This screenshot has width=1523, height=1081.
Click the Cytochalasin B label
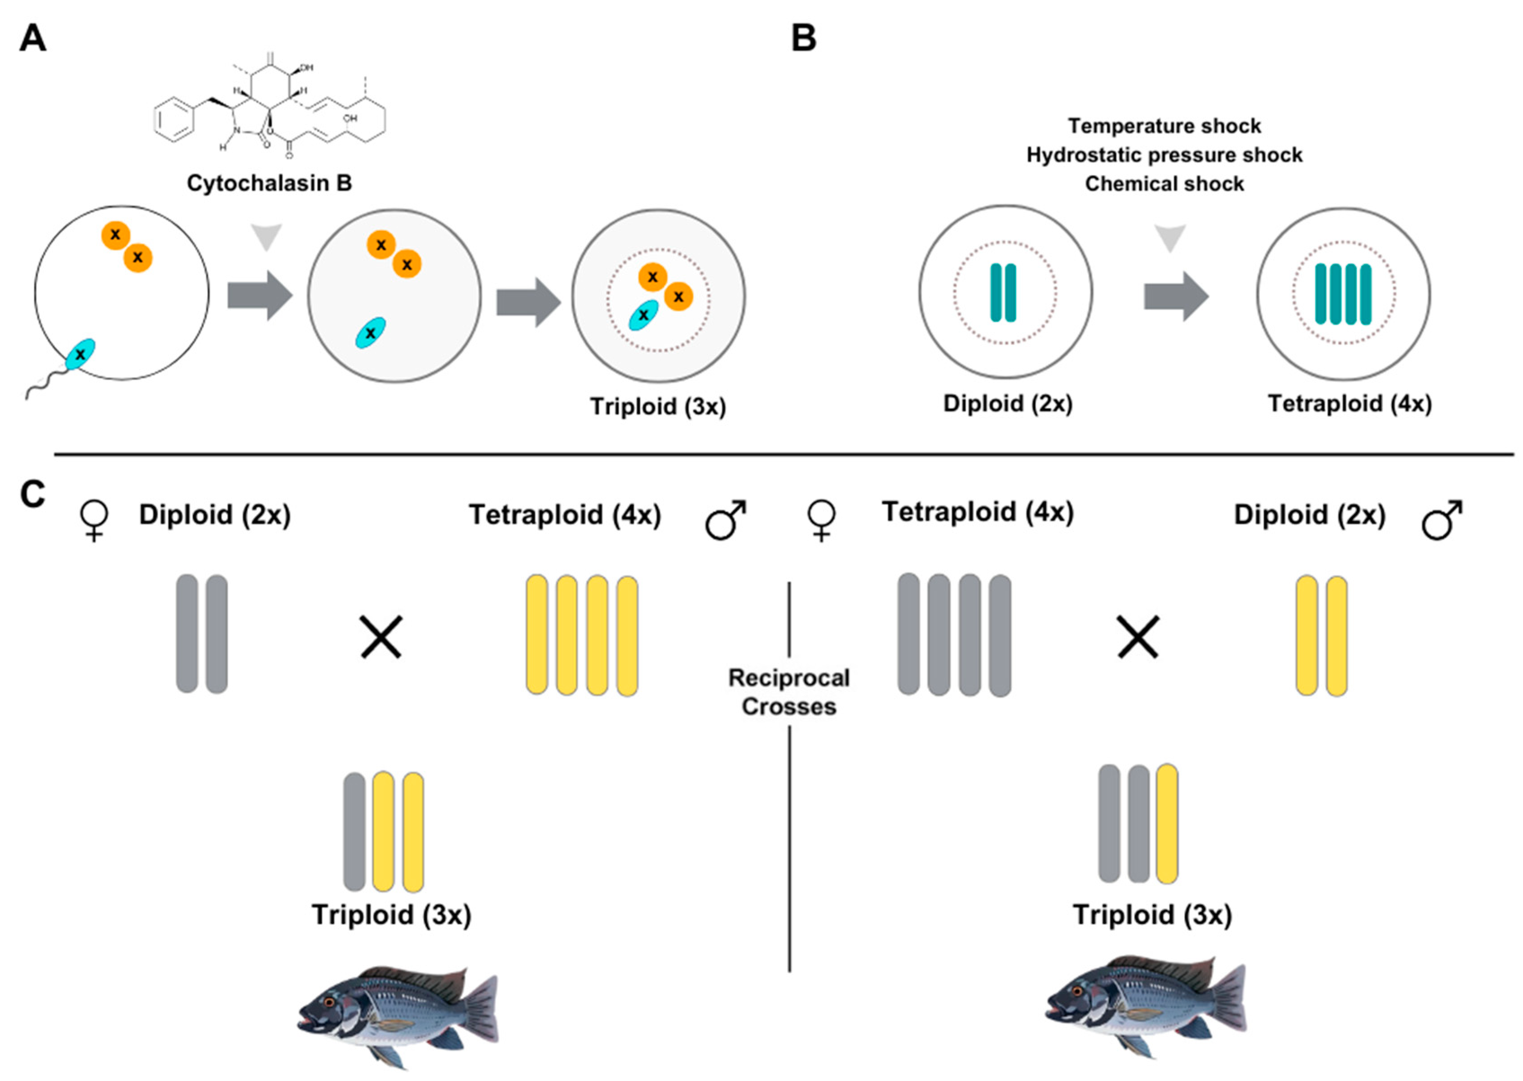(x=269, y=183)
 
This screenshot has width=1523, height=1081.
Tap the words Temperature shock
(x=1164, y=126)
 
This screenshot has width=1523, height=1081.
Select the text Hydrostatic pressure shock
(x=1164, y=155)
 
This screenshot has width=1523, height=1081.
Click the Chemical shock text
(x=1164, y=184)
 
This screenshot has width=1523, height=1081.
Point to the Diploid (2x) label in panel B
(x=1008, y=404)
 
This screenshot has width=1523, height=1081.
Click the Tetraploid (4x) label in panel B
(x=1349, y=404)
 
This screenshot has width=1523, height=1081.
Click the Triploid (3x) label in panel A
(x=658, y=407)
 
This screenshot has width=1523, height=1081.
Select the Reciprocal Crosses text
(x=789, y=692)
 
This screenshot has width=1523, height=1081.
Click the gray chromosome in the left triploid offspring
(x=354, y=832)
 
